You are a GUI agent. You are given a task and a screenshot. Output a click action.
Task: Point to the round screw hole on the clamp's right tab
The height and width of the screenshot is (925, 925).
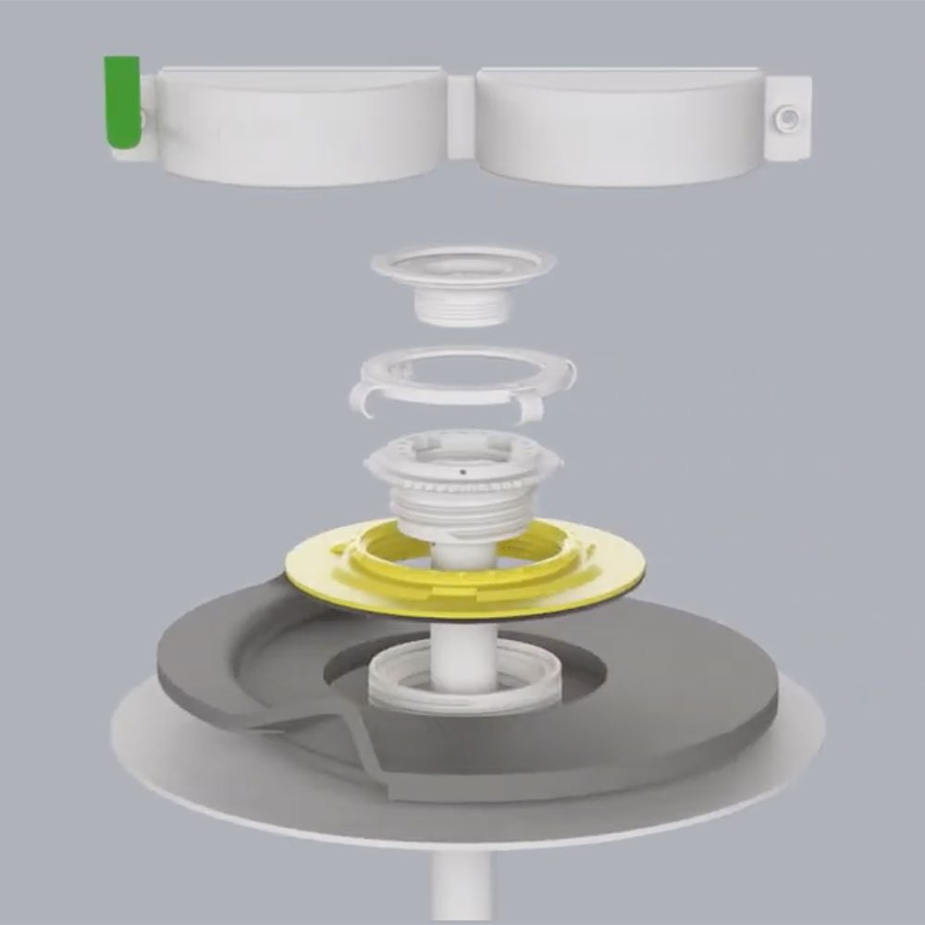tap(788, 117)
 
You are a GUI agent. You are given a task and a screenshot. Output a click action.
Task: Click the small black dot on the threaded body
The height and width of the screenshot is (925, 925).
tap(462, 471)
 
